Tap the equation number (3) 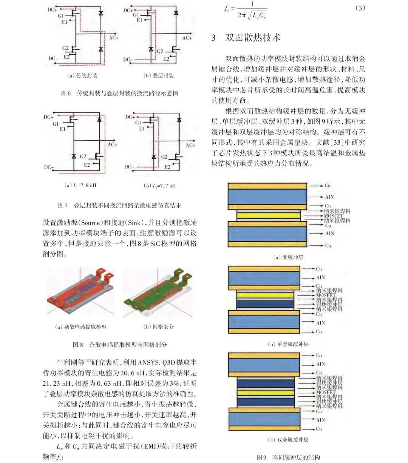click(x=360, y=8)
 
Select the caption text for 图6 click(x=119, y=93)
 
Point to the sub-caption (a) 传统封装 click(x=82, y=75)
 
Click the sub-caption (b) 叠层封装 click(x=158, y=75)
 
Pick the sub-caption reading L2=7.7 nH click(x=159, y=186)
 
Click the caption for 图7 click(x=119, y=205)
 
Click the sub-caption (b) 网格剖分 click(x=158, y=327)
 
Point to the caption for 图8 click(x=119, y=345)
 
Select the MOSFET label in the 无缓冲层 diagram click(x=334, y=216)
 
